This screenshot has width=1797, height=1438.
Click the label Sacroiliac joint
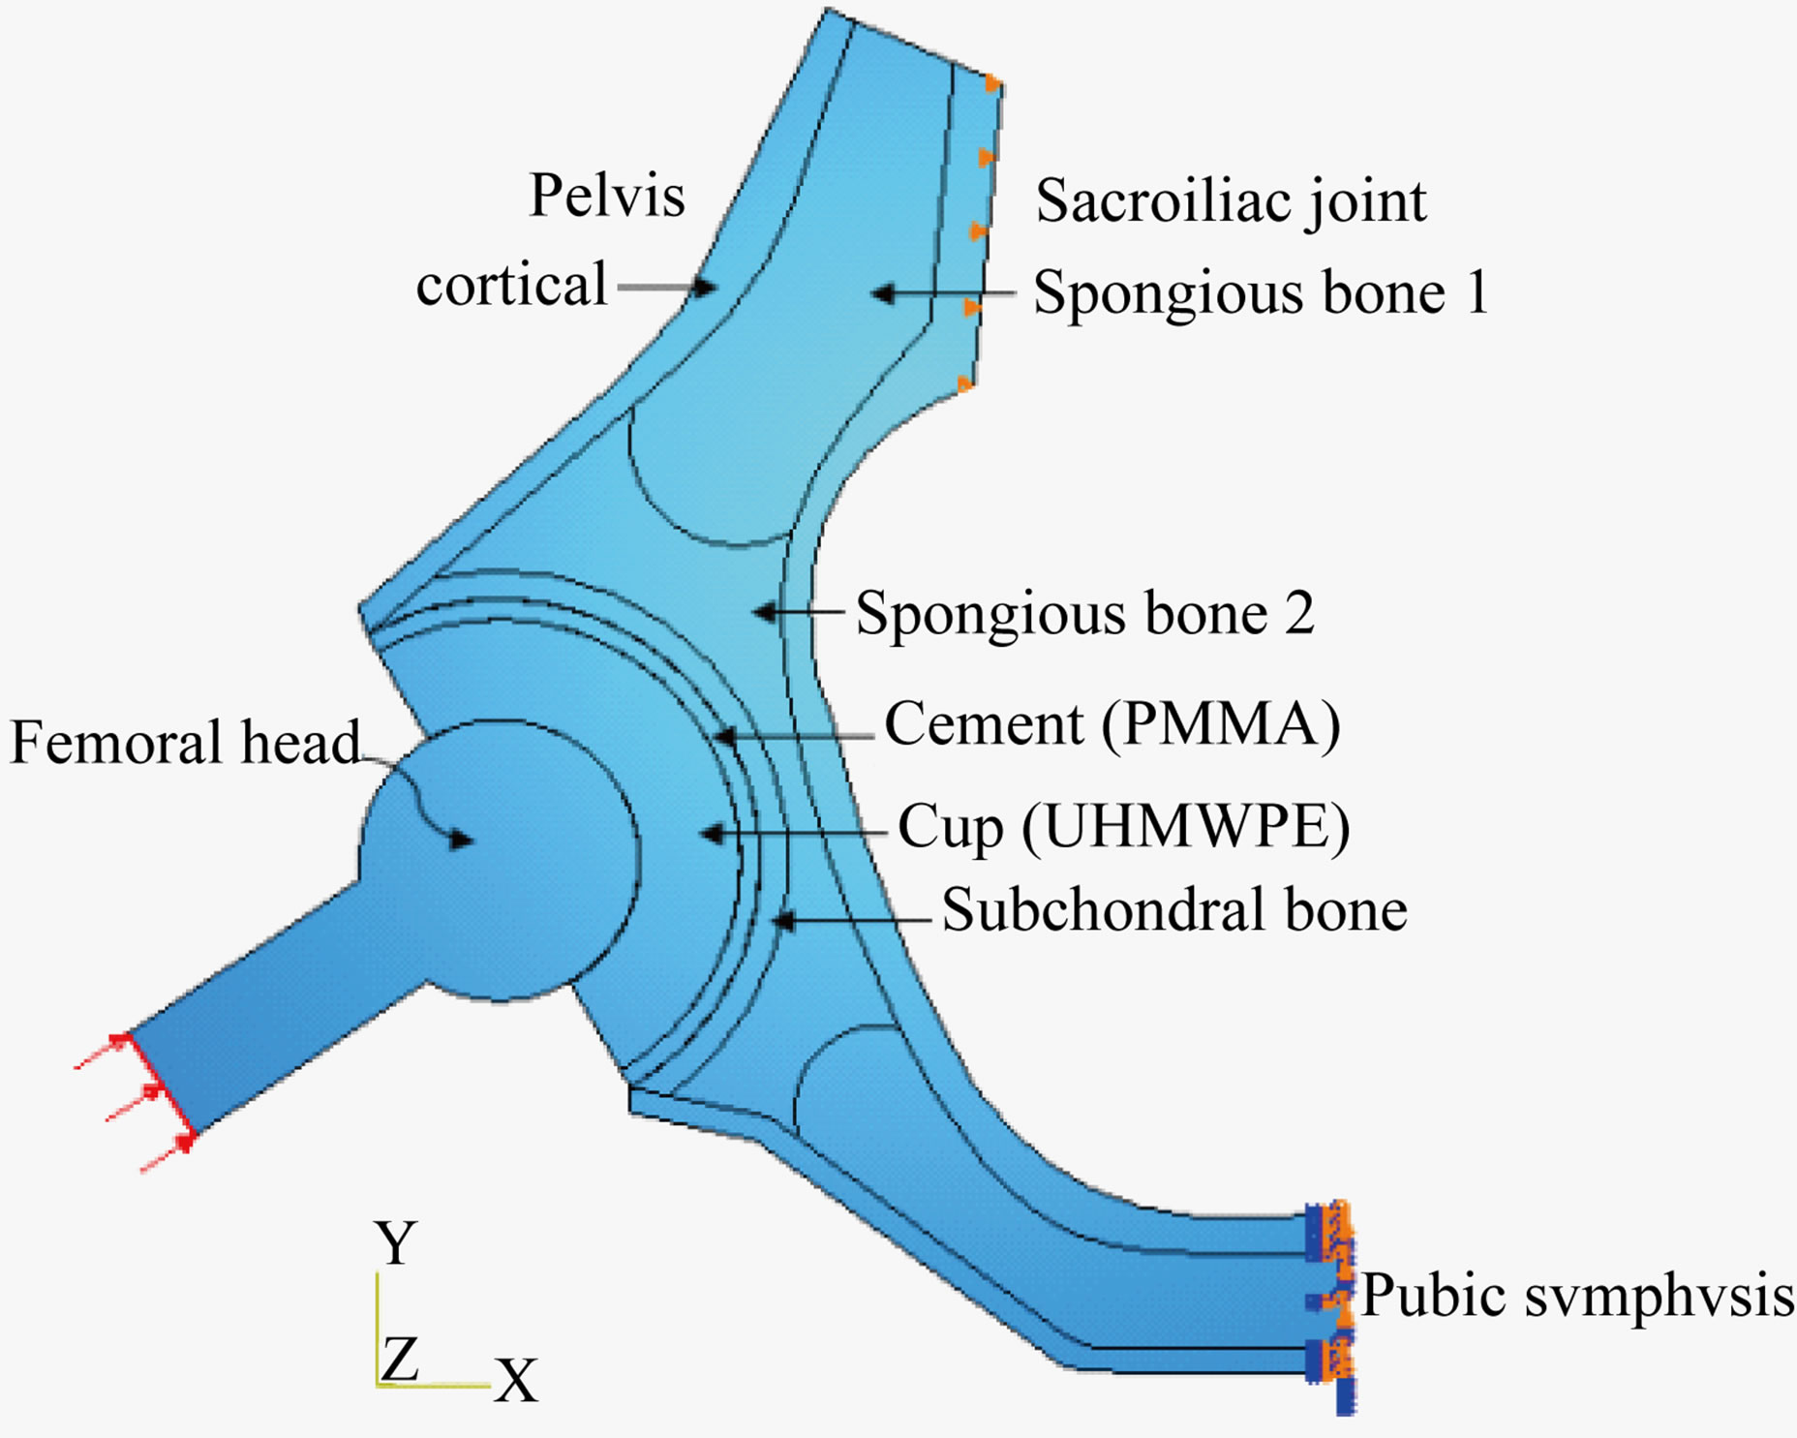coord(1231,202)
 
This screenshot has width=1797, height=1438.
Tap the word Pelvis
coord(607,196)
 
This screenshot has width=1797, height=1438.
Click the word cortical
coord(511,286)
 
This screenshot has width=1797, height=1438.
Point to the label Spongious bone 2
coord(1085,614)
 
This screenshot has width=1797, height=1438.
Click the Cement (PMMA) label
coord(1112,724)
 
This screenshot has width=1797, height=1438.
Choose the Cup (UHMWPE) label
coord(1123,829)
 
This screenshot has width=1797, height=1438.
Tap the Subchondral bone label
coord(1174,910)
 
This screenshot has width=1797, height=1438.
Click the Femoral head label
coord(184,743)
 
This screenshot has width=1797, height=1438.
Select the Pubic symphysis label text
coord(1577,1296)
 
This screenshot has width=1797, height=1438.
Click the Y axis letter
coord(396,1243)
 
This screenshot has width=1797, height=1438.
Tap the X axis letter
coord(516,1381)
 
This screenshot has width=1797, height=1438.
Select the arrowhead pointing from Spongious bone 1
coord(882,292)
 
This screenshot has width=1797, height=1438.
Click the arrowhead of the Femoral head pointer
coord(463,839)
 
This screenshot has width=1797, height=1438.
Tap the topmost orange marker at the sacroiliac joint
coord(992,84)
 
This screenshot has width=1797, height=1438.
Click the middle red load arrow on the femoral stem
coord(151,1092)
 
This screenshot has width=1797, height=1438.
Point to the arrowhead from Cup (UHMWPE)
coord(712,833)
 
